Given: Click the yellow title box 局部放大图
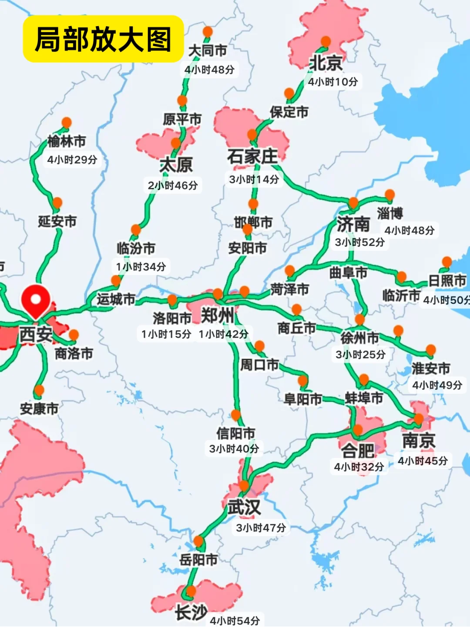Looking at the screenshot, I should click(x=103, y=39).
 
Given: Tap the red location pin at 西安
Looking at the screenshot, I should click(x=36, y=300).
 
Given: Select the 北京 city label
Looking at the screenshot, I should click(x=326, y=64).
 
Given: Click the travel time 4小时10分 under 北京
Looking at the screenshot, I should click(x=333, y=82).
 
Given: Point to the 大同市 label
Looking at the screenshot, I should click(x=208, y=51).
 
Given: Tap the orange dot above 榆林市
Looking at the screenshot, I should click(x=67, y=122).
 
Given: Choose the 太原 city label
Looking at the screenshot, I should click(x=176, y=165).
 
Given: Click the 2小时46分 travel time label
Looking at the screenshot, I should click(x=173, y=186).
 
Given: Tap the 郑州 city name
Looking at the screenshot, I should click(x=217, y=315).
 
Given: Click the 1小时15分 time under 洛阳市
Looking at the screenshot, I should click(x=166, y=334).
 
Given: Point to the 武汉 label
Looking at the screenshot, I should click(x=244, y=507).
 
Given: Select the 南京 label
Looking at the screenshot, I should click(x=419, y=441).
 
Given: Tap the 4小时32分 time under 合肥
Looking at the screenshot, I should click(x=359, y=467).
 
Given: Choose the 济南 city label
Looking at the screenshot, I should click(x=353, y=225).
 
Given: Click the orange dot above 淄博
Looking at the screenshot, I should click(x=389, y=194).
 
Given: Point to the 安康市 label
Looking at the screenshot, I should click(x=39, y=409).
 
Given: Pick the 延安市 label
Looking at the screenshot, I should click(x=57, y=222).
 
